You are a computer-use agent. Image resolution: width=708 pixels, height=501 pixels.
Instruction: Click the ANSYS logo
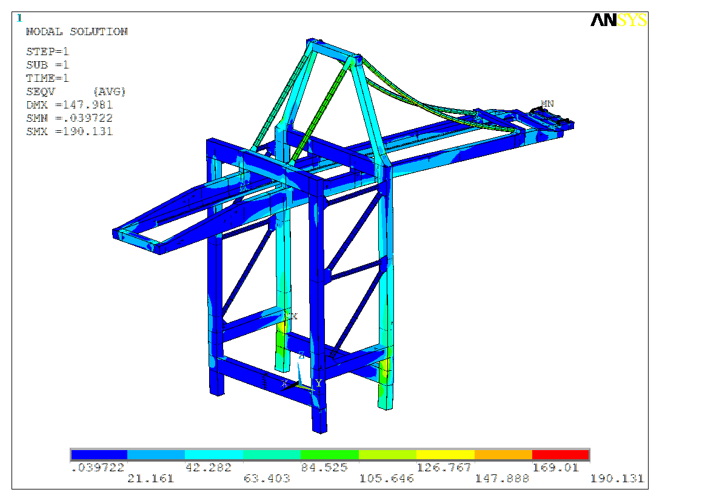(619, 20)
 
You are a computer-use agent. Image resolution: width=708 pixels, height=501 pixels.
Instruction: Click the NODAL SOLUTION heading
(77, 32)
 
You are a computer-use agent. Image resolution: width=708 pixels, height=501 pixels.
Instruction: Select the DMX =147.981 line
(69, 105)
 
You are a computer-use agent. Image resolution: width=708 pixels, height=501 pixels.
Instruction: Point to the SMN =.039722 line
(69, 118)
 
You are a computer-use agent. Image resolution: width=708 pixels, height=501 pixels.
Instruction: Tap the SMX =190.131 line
(69, 131)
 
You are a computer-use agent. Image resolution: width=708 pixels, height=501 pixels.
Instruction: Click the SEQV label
(41, 91)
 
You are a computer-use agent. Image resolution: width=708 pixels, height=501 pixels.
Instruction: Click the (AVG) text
(109, 91)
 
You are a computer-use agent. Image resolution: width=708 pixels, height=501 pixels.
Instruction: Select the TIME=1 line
(47, 78)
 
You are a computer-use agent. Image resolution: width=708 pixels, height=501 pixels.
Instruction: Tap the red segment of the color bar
(561, 454)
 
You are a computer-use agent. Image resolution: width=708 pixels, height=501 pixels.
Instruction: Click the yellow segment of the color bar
(445, 454)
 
